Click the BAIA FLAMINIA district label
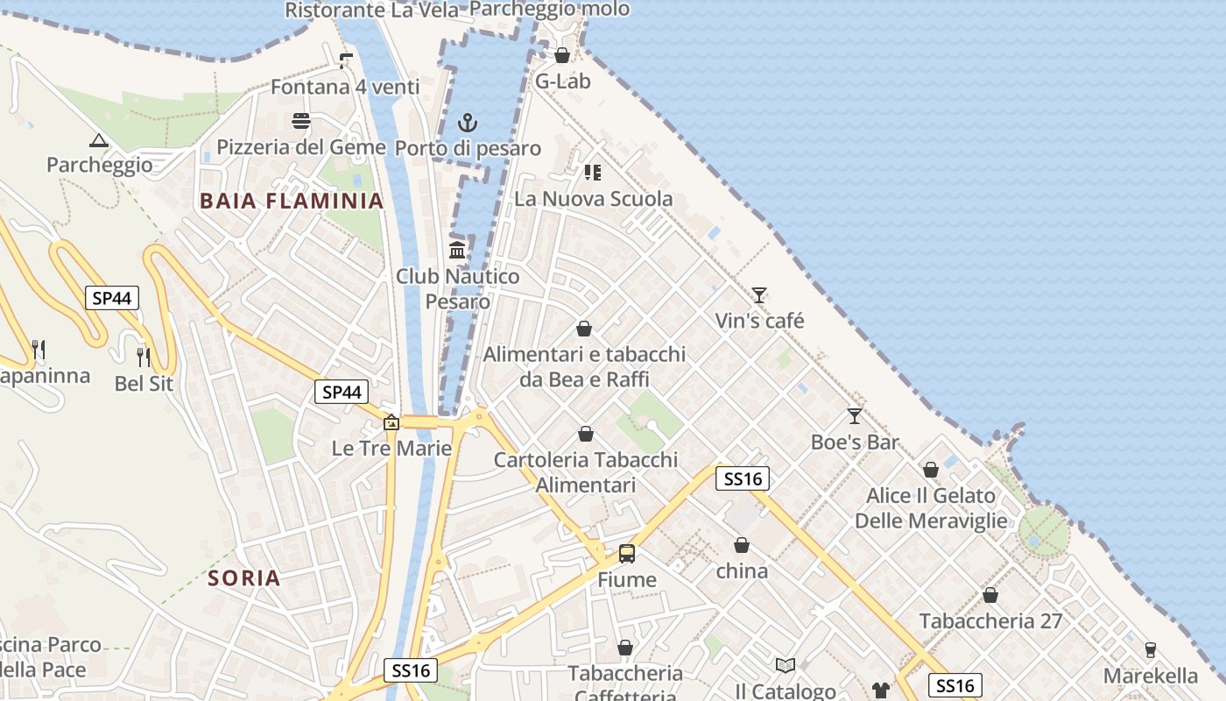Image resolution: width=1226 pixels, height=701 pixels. tap(292, 201)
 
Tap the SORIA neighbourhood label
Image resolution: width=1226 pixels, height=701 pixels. tap(244, 577)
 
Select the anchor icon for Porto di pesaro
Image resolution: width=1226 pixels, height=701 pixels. tap(468, 123)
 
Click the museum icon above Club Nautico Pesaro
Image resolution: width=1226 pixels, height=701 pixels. tap(456, 251)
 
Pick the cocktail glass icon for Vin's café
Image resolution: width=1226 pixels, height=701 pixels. tap(759, 295)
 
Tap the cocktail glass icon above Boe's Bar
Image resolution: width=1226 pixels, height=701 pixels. tap(855, 416)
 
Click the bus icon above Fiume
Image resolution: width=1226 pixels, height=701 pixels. tap(627, 554)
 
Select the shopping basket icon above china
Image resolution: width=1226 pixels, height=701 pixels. tap(742, 545)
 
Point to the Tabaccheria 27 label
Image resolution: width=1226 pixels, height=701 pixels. tap(990, 621)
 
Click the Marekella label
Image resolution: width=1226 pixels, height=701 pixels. tap(1151, 676)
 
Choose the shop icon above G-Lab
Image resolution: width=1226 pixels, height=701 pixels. tap(562, 56)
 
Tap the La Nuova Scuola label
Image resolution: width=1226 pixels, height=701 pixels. tap(594, 199)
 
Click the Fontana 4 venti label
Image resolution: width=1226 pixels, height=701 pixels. tap(345, 87)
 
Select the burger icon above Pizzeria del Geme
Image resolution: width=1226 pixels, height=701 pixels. tap(301, 121)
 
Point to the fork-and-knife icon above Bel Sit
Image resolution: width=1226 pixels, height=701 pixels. tap(144, 357)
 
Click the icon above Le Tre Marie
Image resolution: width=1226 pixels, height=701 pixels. tap(391, 423)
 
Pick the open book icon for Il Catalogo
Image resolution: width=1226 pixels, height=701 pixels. tap(786, 666)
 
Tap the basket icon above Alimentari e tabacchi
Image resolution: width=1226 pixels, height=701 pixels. tap(584, 329)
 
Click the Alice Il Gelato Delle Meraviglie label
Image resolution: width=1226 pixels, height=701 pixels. tap(931, 508)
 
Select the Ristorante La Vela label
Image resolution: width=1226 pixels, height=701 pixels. tap(372, 11)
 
